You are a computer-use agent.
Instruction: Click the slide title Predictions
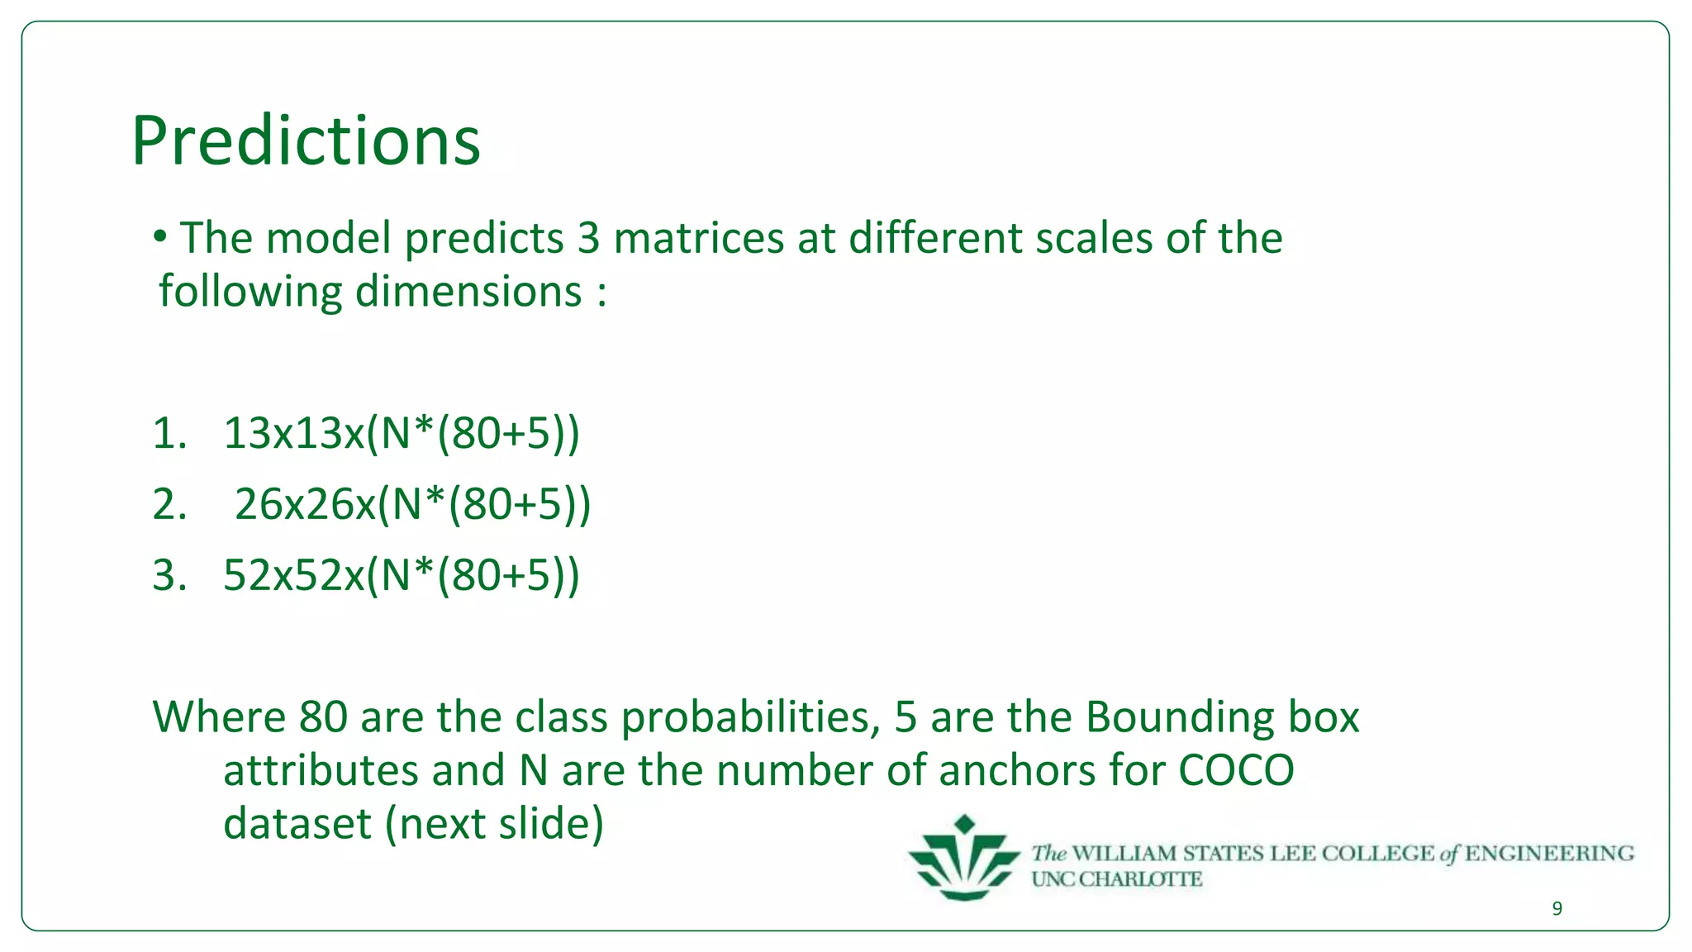click(306, 140)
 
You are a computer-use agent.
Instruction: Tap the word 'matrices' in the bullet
click(698, 238)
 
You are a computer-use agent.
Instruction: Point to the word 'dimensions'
click(468, 292)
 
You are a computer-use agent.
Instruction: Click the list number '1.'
click(169, 433)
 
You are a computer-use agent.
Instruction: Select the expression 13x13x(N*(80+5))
click(402, 433)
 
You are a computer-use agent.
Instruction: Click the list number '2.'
click(169, 504)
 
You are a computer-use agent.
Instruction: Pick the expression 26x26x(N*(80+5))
click(413, 504)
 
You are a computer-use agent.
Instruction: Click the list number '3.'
click(169, 575)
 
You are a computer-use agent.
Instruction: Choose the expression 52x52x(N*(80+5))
click(402, 575)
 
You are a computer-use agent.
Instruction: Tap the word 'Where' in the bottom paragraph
click(218, 716)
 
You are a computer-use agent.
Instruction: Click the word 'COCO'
click(1236, 770)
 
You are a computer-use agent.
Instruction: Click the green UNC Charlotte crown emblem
click(963, 859)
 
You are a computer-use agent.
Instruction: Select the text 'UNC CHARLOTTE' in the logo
click(1116, 879)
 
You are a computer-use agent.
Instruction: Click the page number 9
click(1557, 909)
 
